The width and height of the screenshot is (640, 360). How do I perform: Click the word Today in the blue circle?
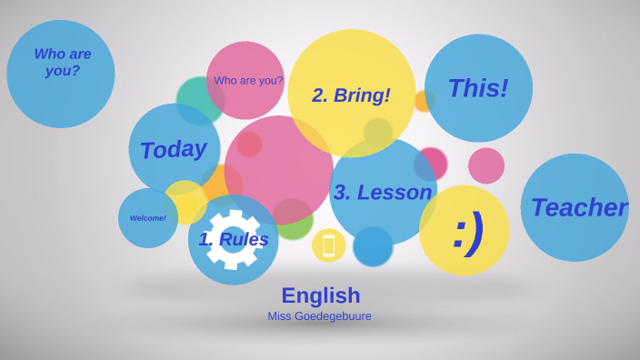pos(173,149)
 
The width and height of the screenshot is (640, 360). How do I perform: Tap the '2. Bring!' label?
pos(351,95)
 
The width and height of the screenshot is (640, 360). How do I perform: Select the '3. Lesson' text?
pos(382,193)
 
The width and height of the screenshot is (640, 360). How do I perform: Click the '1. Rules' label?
pos(234,239)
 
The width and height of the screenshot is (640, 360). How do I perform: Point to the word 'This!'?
pos(477,88)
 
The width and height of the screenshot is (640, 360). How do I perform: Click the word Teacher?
pos(578,207)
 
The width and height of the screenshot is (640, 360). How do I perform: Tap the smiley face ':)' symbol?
pos(466,231)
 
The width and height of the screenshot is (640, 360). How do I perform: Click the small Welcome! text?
pos(147,218)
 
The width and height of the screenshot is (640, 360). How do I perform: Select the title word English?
pos(320,295)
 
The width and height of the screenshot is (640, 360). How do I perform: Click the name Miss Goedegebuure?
pos(319,316)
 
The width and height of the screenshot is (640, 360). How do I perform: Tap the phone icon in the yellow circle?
pos(328,245)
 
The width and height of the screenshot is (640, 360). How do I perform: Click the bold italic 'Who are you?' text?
pos(62,63)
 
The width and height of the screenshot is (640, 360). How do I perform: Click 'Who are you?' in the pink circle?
pos(248,80)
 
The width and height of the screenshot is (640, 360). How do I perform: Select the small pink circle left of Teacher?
pos(486,165)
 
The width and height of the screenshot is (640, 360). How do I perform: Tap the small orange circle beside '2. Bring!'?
pos(425,101)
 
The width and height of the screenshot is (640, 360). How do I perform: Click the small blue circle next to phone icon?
pos(373,246)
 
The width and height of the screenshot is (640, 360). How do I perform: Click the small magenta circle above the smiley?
pos(431,164)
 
